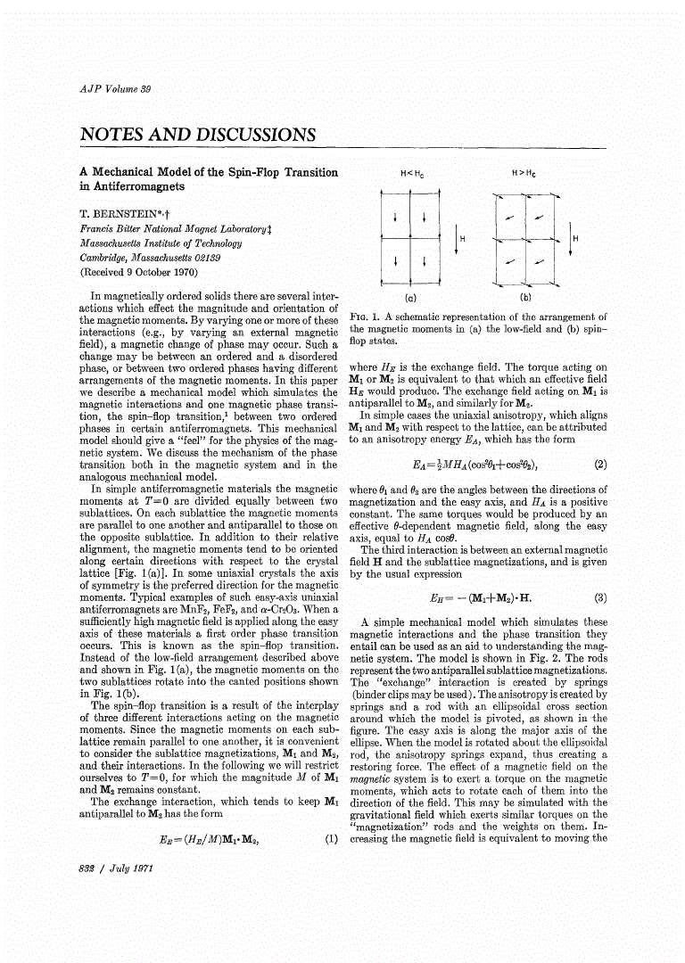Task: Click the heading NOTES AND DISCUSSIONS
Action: pos(197,135)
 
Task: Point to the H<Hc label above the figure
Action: pos(410,173)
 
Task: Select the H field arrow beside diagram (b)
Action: pos(570,239)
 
